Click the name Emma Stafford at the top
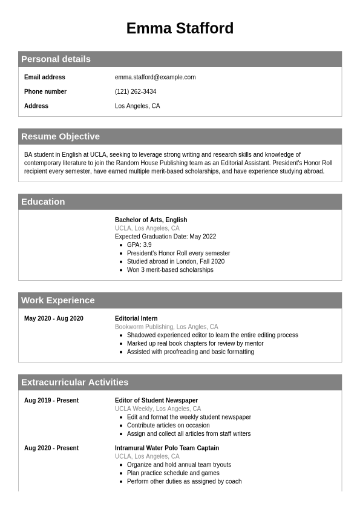(180, 28)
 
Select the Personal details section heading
(56, 59)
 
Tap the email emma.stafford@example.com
(155, 77)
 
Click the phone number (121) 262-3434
(136, 91)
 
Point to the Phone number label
(45, 91)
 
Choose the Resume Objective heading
(61, 136)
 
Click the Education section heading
(43, 202)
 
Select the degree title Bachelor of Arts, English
(151, 220)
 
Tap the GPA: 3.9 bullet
(139, 245)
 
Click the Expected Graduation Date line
(165, 237)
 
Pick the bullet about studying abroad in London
(175, 261)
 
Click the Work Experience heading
(58, 300)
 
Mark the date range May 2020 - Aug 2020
(54, 318)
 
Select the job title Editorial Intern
(136, 318)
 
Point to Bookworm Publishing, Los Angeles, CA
(166, 327)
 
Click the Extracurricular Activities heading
(75, 382)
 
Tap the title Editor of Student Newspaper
(156, 400)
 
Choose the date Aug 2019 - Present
(51, 400)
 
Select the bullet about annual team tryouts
(179, 465)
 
